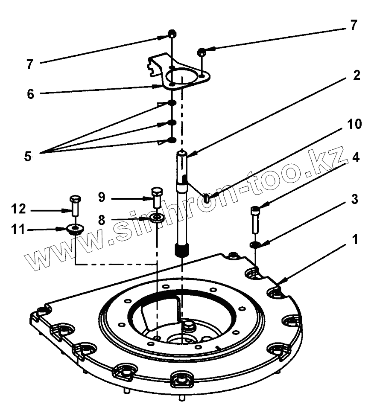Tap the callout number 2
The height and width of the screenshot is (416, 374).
356,76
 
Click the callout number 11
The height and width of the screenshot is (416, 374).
19,230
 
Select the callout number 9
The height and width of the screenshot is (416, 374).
101,198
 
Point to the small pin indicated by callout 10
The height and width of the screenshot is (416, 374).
207,198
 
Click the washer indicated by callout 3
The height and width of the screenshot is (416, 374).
255,244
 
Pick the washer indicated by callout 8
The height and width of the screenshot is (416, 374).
157,219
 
